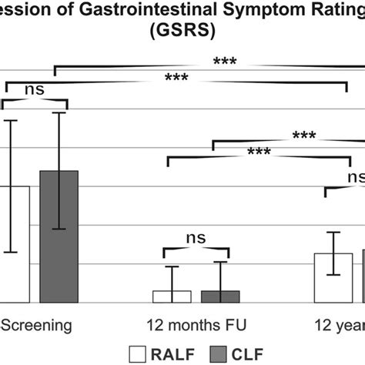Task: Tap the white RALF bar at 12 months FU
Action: point(172,296)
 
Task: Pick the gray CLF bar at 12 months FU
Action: point(220,296)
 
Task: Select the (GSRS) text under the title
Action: point(182,33)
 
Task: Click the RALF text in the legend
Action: point(179,353)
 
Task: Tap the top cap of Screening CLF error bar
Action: point(59,113)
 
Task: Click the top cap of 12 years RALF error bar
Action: point(333,232)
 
